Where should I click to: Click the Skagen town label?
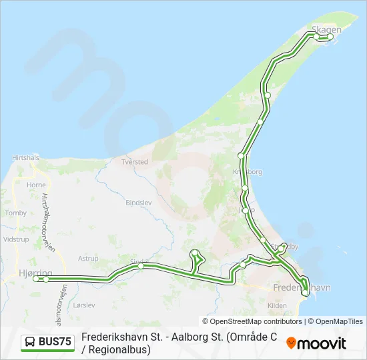tap(326, 29)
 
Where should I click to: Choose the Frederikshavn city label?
tap(302, 288)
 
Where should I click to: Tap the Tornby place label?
tap(15, 213)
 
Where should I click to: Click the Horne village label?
tap(36, 185)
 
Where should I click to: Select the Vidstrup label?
tap(16, 239)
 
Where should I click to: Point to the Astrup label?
tap(88, 259)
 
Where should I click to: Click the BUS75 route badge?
tap(47, 342)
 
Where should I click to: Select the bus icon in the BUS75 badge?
tap(31, 342)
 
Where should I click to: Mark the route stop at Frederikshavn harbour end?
tap(306, 292)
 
